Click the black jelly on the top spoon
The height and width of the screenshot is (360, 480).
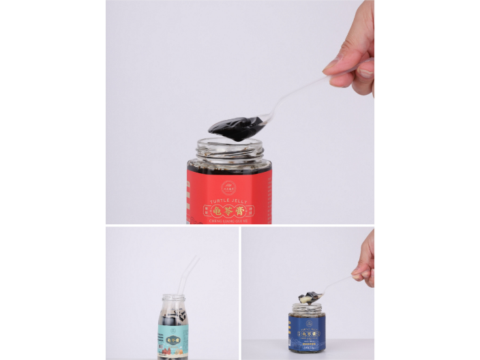[235, 128]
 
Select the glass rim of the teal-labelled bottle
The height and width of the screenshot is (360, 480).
[173, 297]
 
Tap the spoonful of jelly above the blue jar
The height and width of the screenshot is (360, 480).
[308, 297]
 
